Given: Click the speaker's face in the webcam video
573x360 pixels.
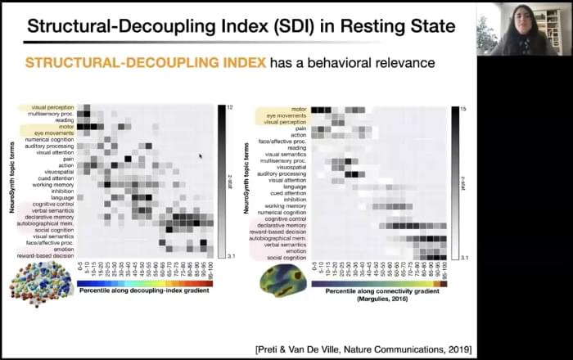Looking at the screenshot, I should tap(522, 23).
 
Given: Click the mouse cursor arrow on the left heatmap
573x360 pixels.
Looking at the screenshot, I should tap(201, 155).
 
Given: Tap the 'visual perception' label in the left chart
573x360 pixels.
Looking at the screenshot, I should tap(52, 107).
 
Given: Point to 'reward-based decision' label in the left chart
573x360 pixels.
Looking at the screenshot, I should tap(47, 255).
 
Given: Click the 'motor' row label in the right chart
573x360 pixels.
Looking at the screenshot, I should tap(299, 109).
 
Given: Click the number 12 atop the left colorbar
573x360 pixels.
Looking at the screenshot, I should tap(232, 107).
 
